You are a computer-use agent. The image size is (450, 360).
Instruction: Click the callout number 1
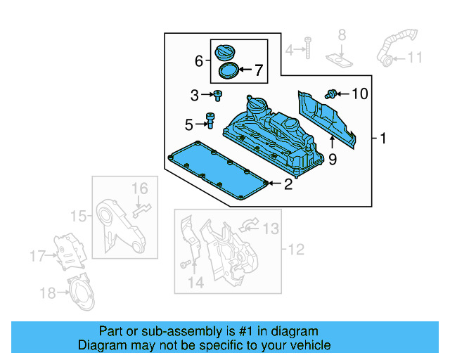click(384, 139)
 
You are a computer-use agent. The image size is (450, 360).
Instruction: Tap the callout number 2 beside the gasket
click(287, 185)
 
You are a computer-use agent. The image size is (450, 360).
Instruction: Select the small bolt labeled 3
click(218, 95)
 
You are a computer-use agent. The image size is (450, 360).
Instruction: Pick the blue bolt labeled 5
click(210, 121)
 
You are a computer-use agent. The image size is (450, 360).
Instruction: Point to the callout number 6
click(199, 61)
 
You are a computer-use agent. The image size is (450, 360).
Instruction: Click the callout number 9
click(333, 160)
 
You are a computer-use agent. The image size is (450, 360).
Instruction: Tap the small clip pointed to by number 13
click(249, 225)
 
